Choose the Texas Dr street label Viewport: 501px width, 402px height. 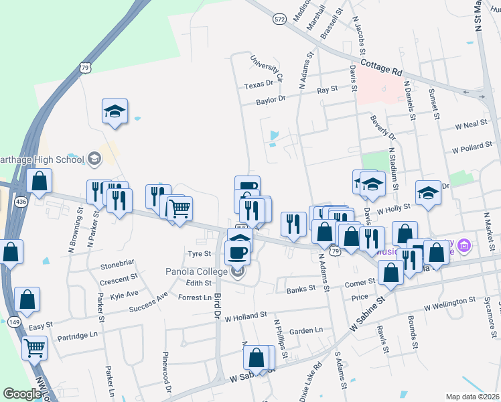coord(259,85)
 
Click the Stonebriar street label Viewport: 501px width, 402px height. coord(119,266)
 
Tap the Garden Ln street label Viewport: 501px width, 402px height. coord(306,330)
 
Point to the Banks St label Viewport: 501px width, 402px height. coord(301,289)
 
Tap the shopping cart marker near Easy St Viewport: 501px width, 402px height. coord(34,348)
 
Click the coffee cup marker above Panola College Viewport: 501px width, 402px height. coord(238,252)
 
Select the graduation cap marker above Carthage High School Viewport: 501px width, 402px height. coord(115,111)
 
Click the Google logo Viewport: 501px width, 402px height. coord(21,394)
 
